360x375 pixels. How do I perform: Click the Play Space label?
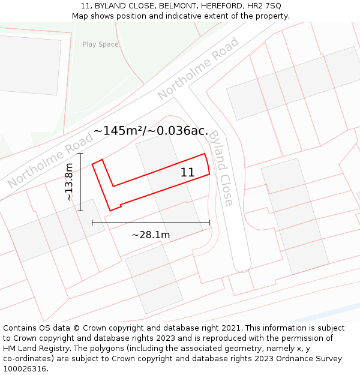100,44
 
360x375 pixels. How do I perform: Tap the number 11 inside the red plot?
187,172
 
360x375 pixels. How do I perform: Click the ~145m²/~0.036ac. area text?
151,131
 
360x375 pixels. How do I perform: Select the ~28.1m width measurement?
151,235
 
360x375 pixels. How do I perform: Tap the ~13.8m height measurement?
70,182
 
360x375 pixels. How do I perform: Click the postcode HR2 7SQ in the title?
264,6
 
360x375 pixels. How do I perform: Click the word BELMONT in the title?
173,6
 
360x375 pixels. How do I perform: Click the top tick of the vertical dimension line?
80,154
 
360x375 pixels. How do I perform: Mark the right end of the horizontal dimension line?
209,223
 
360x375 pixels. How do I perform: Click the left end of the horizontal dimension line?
92,223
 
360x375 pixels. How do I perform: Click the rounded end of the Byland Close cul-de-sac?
242,263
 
